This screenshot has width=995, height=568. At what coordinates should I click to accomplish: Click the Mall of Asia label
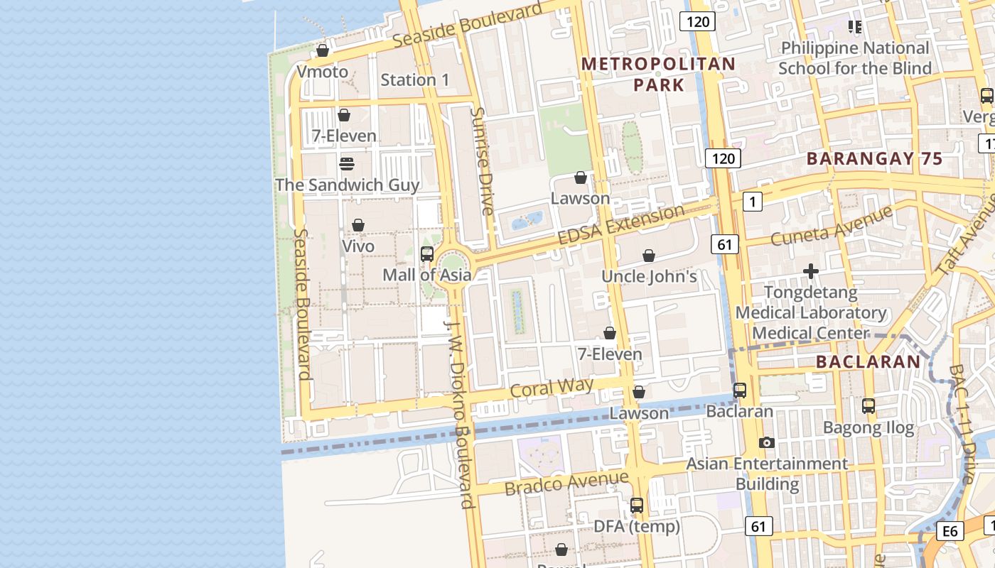(x=426, y=275)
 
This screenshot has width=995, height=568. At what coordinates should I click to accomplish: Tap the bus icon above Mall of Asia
(x=427, y=253)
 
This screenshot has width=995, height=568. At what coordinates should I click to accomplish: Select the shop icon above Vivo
(x=358, y=225)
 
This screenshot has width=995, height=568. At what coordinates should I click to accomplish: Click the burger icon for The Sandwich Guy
(x=347, y=164)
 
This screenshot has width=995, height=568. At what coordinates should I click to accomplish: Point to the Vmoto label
(x=323, y=72)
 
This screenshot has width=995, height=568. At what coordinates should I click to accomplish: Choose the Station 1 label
(x=415, y=80)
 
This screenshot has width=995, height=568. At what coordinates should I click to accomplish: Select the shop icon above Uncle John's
(x=648, y=256)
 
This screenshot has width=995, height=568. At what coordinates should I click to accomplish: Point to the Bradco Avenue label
(x=566, y=484)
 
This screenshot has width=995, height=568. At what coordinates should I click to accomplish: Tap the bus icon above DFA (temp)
(x=637, y=506)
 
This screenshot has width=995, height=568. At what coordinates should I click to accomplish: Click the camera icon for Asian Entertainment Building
(x=766, y=442)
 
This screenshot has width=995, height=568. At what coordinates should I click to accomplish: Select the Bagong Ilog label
(x=868, y=427)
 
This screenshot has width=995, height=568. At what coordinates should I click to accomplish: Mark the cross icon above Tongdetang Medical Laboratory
(x=810, y=271)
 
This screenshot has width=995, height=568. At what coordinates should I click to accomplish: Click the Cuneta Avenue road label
(x=831, y=226)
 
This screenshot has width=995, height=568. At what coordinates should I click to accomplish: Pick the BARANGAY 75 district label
(x=874, y=158)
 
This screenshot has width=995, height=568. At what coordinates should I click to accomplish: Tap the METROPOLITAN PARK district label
(x=658, y=74)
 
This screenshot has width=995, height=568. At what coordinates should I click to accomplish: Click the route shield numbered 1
(x=753, y=202)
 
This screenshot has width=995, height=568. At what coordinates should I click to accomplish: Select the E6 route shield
(x=950, y=531)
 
